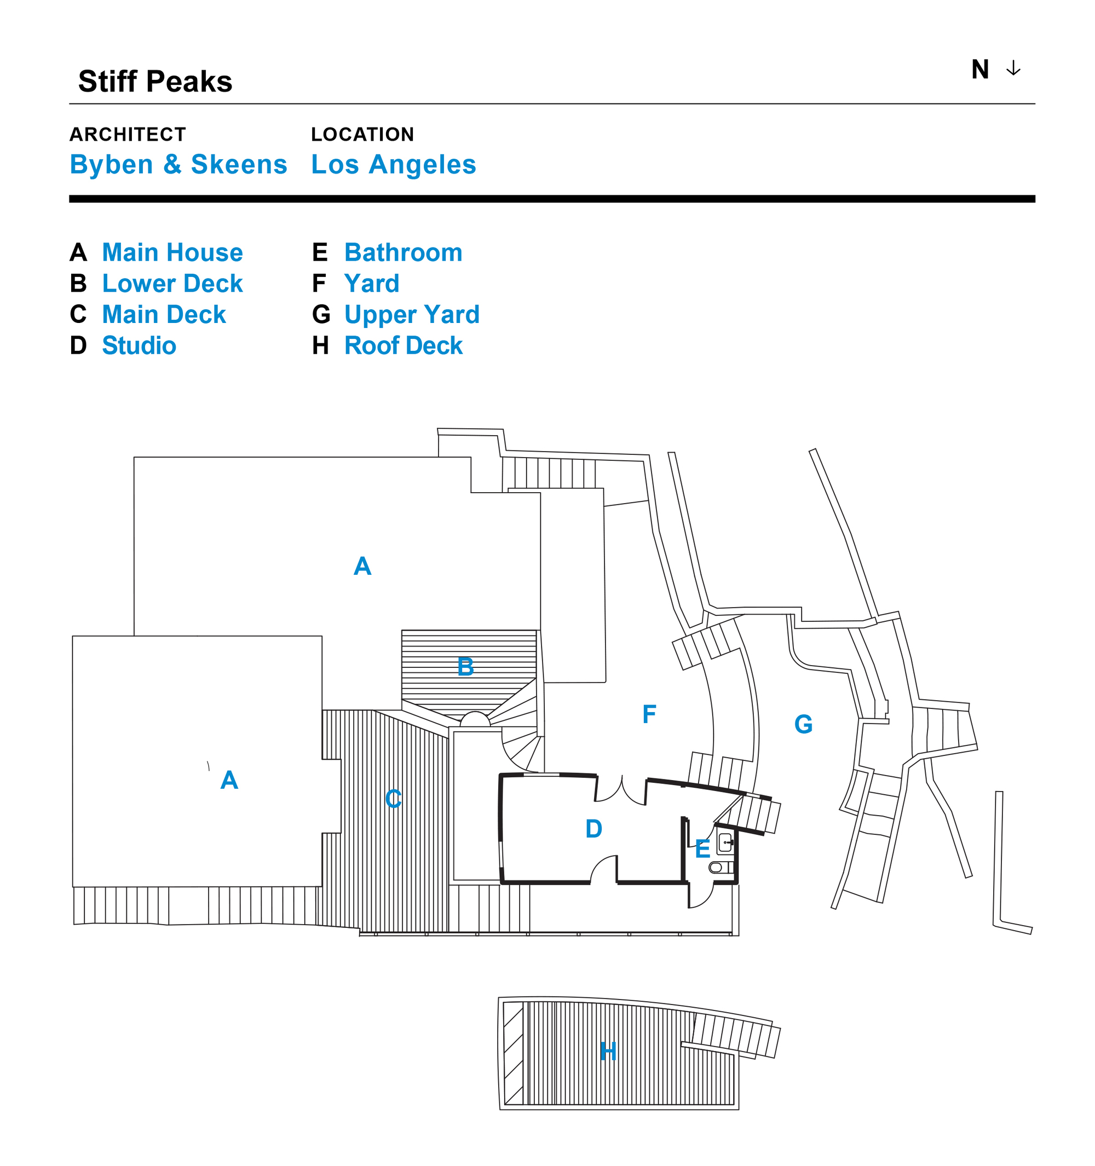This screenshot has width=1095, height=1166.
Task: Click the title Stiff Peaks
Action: coord(155,82)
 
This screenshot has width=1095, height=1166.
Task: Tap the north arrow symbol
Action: coord(1013,69)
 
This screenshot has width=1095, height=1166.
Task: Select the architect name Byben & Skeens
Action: coord(178,164)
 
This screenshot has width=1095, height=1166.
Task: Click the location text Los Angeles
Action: coord(394,164)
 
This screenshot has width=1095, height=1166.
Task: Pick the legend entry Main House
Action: coord(172,253)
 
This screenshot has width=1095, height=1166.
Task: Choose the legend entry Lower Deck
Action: coord(172,284)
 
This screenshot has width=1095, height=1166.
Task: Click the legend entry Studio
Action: coord(139,345)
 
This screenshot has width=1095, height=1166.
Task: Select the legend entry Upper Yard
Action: coord(412,315)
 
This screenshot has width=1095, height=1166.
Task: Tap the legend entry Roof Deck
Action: coord(404,345)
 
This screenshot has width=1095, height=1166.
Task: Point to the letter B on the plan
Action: coord(465,667)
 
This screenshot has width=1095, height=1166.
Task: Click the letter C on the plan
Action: coord(393,799)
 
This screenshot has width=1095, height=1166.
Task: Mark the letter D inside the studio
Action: coord(593,829)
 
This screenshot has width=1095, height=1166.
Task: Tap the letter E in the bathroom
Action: coord(702,848)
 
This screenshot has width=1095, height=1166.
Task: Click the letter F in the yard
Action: coord(649,714)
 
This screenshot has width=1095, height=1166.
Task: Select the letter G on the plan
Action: coord(803,724)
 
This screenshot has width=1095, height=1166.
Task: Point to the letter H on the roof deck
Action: coord(608,1052)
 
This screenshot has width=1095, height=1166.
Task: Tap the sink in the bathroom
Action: coord(725,843)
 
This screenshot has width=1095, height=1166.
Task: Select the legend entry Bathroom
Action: coord(403,253)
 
